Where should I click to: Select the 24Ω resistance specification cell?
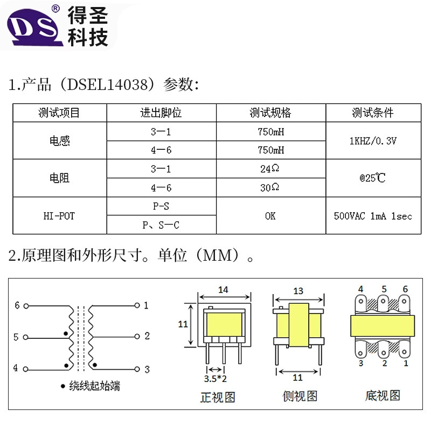click(270, 169)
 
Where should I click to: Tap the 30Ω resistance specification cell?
click(270, 187)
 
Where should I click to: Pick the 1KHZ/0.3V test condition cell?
click(373, 141)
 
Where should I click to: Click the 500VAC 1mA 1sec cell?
click(373, 216)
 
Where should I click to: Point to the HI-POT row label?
click(59, 216)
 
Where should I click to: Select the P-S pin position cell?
click(161, 206)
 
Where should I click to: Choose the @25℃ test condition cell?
click(373, 178)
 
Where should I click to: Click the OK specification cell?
click(270, 216)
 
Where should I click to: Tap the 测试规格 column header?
click(270, 113)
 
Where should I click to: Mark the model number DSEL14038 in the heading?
click(108, 85)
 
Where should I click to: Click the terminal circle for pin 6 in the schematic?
click(26, 306)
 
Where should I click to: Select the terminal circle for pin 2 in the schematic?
click(137, 336)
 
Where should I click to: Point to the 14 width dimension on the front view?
click(223, 290)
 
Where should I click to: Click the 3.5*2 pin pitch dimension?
click(215, 379)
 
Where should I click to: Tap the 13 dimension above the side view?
click(298, 291)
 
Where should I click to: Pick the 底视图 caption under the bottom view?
click(383, 396)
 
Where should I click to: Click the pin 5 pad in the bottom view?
click(383, 302)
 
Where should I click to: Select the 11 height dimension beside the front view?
click(183, 324)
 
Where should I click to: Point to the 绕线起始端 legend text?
click(95, 386)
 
